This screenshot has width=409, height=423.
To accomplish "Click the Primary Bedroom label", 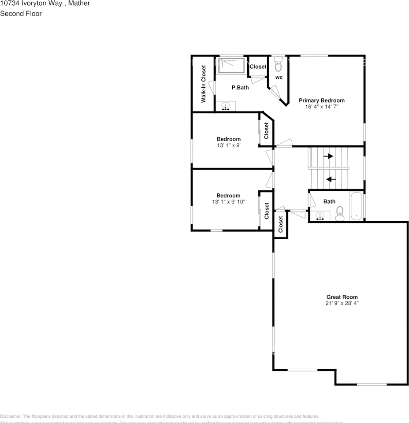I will [x=321, y=100].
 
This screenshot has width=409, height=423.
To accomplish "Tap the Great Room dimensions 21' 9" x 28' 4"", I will [x=342, y=303].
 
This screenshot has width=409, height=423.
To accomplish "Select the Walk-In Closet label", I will [x=204, y=84].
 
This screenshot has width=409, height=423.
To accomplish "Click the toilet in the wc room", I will [x=278, y=66].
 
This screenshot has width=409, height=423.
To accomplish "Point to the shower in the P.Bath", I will [x=231, y=66].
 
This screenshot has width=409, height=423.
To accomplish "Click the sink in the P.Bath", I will [x=226, y=106].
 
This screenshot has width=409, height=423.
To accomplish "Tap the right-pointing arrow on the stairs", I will [x=328, y=156].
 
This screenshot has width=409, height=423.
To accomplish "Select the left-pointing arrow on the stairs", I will [x=331, y=179].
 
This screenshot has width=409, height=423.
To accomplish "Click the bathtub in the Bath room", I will [x=356, y=206].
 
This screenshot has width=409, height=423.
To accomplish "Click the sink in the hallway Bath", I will [x=320, y=216].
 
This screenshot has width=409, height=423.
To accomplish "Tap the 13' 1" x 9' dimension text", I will [x=228, y=145].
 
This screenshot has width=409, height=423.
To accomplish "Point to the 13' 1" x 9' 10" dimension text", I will [x=228, y=202].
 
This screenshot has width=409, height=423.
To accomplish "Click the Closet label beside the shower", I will [x=258, y=67].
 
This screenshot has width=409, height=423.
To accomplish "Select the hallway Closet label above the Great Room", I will [x=280, y=224].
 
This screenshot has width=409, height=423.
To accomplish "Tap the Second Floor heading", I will [x=21, y=14].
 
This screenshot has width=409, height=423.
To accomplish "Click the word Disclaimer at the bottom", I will [x=11, y=416].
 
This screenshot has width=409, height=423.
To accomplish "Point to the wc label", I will [x=279, y=78].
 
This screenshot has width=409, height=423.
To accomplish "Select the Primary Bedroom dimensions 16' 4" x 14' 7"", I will [x=321, y=107].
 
